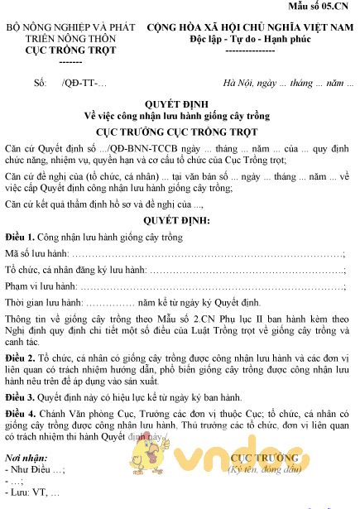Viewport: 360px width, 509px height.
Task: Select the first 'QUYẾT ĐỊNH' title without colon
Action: (180, 104)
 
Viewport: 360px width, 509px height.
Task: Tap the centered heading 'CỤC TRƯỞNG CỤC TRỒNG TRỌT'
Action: (180, 131)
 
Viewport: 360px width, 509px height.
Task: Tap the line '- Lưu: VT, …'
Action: (32, 493)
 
